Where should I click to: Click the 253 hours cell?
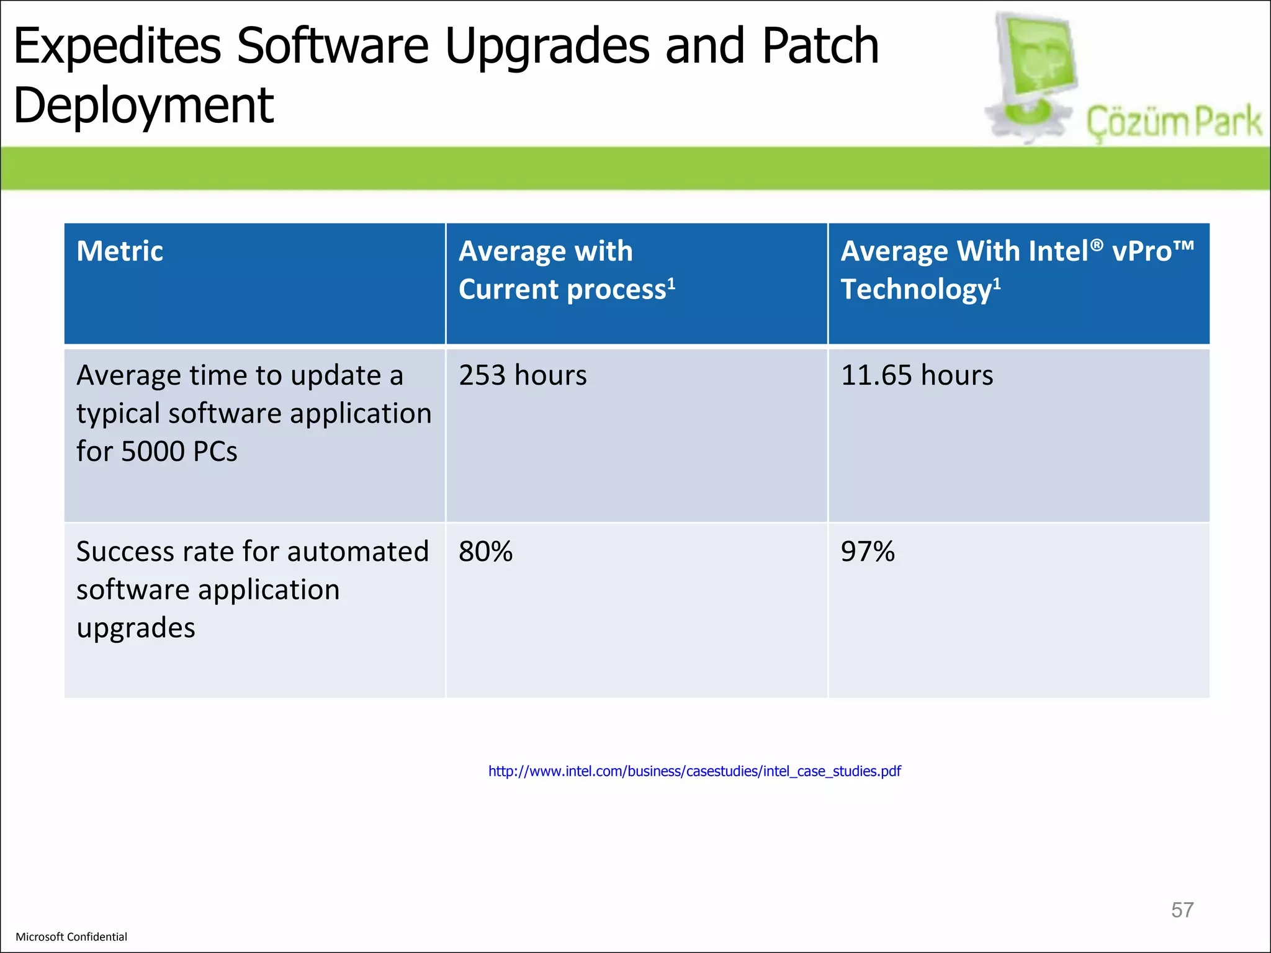click(523, 375)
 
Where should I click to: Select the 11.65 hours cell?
click(917, 375)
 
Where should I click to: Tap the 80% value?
click(485, 552)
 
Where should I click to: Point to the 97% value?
click(868, 552)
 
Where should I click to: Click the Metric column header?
click(120, 251)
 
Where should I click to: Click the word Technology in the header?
click(916, 290)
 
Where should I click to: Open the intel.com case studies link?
click(694, 771)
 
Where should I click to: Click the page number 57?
click(1182, 910)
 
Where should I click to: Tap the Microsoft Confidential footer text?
click(71, 937)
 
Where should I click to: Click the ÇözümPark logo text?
click(1174, 122)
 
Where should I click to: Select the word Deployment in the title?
click(143, 105)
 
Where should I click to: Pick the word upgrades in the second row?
click(136, 628)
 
